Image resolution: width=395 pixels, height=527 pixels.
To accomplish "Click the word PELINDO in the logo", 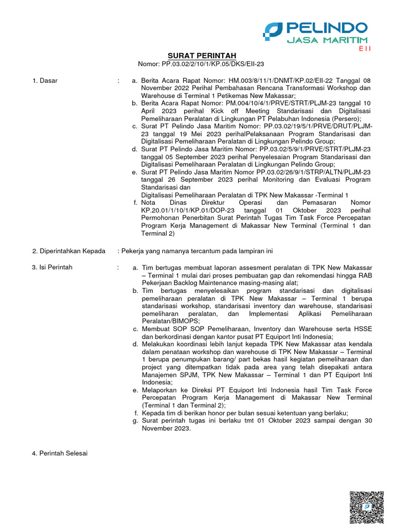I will [327, 27].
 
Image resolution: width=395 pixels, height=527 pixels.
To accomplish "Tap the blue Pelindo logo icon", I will [273, 31].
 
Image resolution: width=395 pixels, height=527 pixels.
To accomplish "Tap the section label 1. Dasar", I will [45, 81].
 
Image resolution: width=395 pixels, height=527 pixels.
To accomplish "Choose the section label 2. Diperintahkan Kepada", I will [68, 251].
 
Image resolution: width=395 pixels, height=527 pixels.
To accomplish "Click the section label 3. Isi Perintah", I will [52, 267].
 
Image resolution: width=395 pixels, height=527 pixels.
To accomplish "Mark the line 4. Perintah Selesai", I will [60, 453].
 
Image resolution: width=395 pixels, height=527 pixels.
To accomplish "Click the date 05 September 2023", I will [189, 157].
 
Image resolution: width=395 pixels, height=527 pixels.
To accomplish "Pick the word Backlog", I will [194, 283].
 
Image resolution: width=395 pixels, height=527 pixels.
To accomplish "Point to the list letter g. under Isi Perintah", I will [135, 421].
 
